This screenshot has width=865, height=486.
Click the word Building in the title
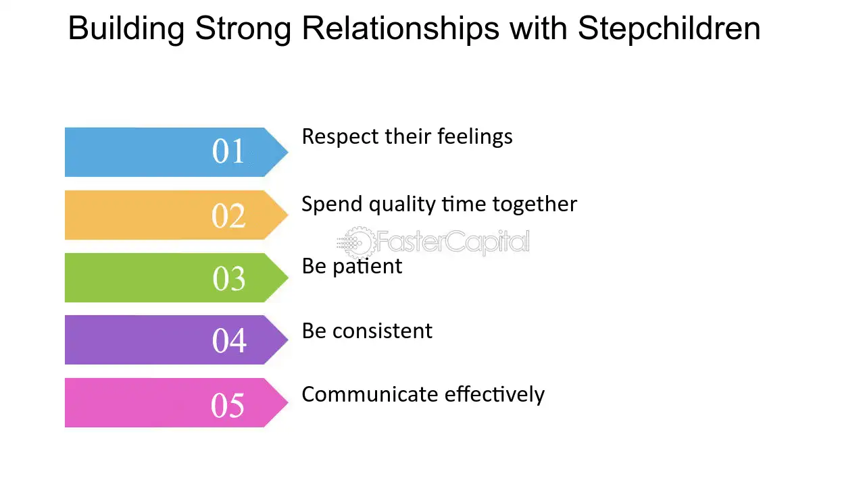pyautogui.click(x=126, y=28)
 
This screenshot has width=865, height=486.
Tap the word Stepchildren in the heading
pyautogui.click(x=669, y=28)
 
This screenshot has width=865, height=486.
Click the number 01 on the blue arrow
pyautogui.click(x=228, y=151)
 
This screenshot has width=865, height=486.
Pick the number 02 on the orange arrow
pyautogui.click(x=228, y=215)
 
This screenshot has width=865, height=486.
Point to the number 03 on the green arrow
pyautogui.click(x=228, y=278)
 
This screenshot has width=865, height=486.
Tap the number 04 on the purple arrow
pyautogui.click(x=228, y=341)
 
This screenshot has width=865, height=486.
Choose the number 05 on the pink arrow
pyautogui.click(x=228, y=404)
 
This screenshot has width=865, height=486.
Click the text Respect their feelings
pyautogui.click(x=407, y=136)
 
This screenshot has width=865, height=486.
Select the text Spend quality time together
pyautogui.click(x=439, y=204)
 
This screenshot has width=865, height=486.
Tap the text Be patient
pyautogui.click(x=351, y=266)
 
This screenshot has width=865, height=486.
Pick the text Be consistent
pyautogui.click(x=367, y=331)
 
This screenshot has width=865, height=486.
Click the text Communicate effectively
pyautogui.click(x=423, y=394)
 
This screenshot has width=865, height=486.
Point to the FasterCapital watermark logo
pyautogui.click(x=433, y=242)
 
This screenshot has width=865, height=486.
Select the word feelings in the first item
pyautogui.click(x=475, y=136)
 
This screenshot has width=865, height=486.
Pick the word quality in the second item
pyautogui.click(x=403, y=204)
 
